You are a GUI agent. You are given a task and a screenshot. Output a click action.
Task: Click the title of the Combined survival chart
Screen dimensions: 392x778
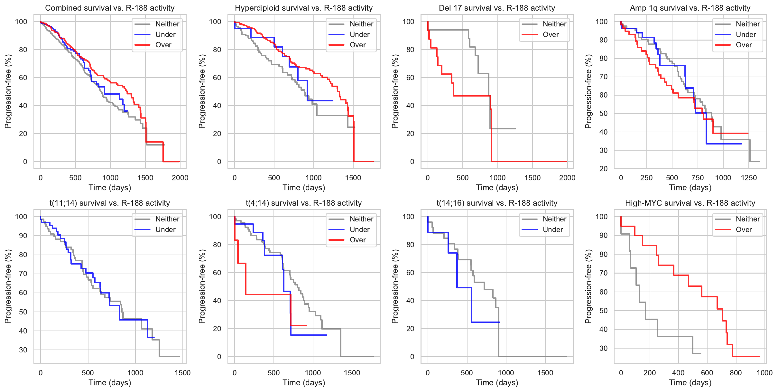[110, 8]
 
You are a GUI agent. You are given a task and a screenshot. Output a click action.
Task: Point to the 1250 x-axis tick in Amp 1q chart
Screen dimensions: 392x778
[749, 178]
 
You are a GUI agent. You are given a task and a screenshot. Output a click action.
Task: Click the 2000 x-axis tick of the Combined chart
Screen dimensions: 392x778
[180, 178]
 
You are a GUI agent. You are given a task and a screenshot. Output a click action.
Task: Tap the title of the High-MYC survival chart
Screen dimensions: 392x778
[690, 203]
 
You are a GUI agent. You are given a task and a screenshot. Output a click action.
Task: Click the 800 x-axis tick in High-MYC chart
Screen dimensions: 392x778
[736, 373]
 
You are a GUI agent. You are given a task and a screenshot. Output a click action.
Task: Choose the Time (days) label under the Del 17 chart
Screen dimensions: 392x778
[497, 188]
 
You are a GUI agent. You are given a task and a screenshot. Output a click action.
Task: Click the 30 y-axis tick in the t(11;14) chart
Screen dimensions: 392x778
[23, 350]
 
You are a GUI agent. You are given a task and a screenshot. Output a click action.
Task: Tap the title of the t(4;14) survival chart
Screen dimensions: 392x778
[304, 203]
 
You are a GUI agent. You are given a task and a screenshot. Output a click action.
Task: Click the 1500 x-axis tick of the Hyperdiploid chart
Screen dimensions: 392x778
[353, 178]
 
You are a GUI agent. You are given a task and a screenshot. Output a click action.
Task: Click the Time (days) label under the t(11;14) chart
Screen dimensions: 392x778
[110, 383]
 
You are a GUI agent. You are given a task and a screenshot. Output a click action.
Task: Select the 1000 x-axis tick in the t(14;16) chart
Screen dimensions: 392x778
[506, 373]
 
